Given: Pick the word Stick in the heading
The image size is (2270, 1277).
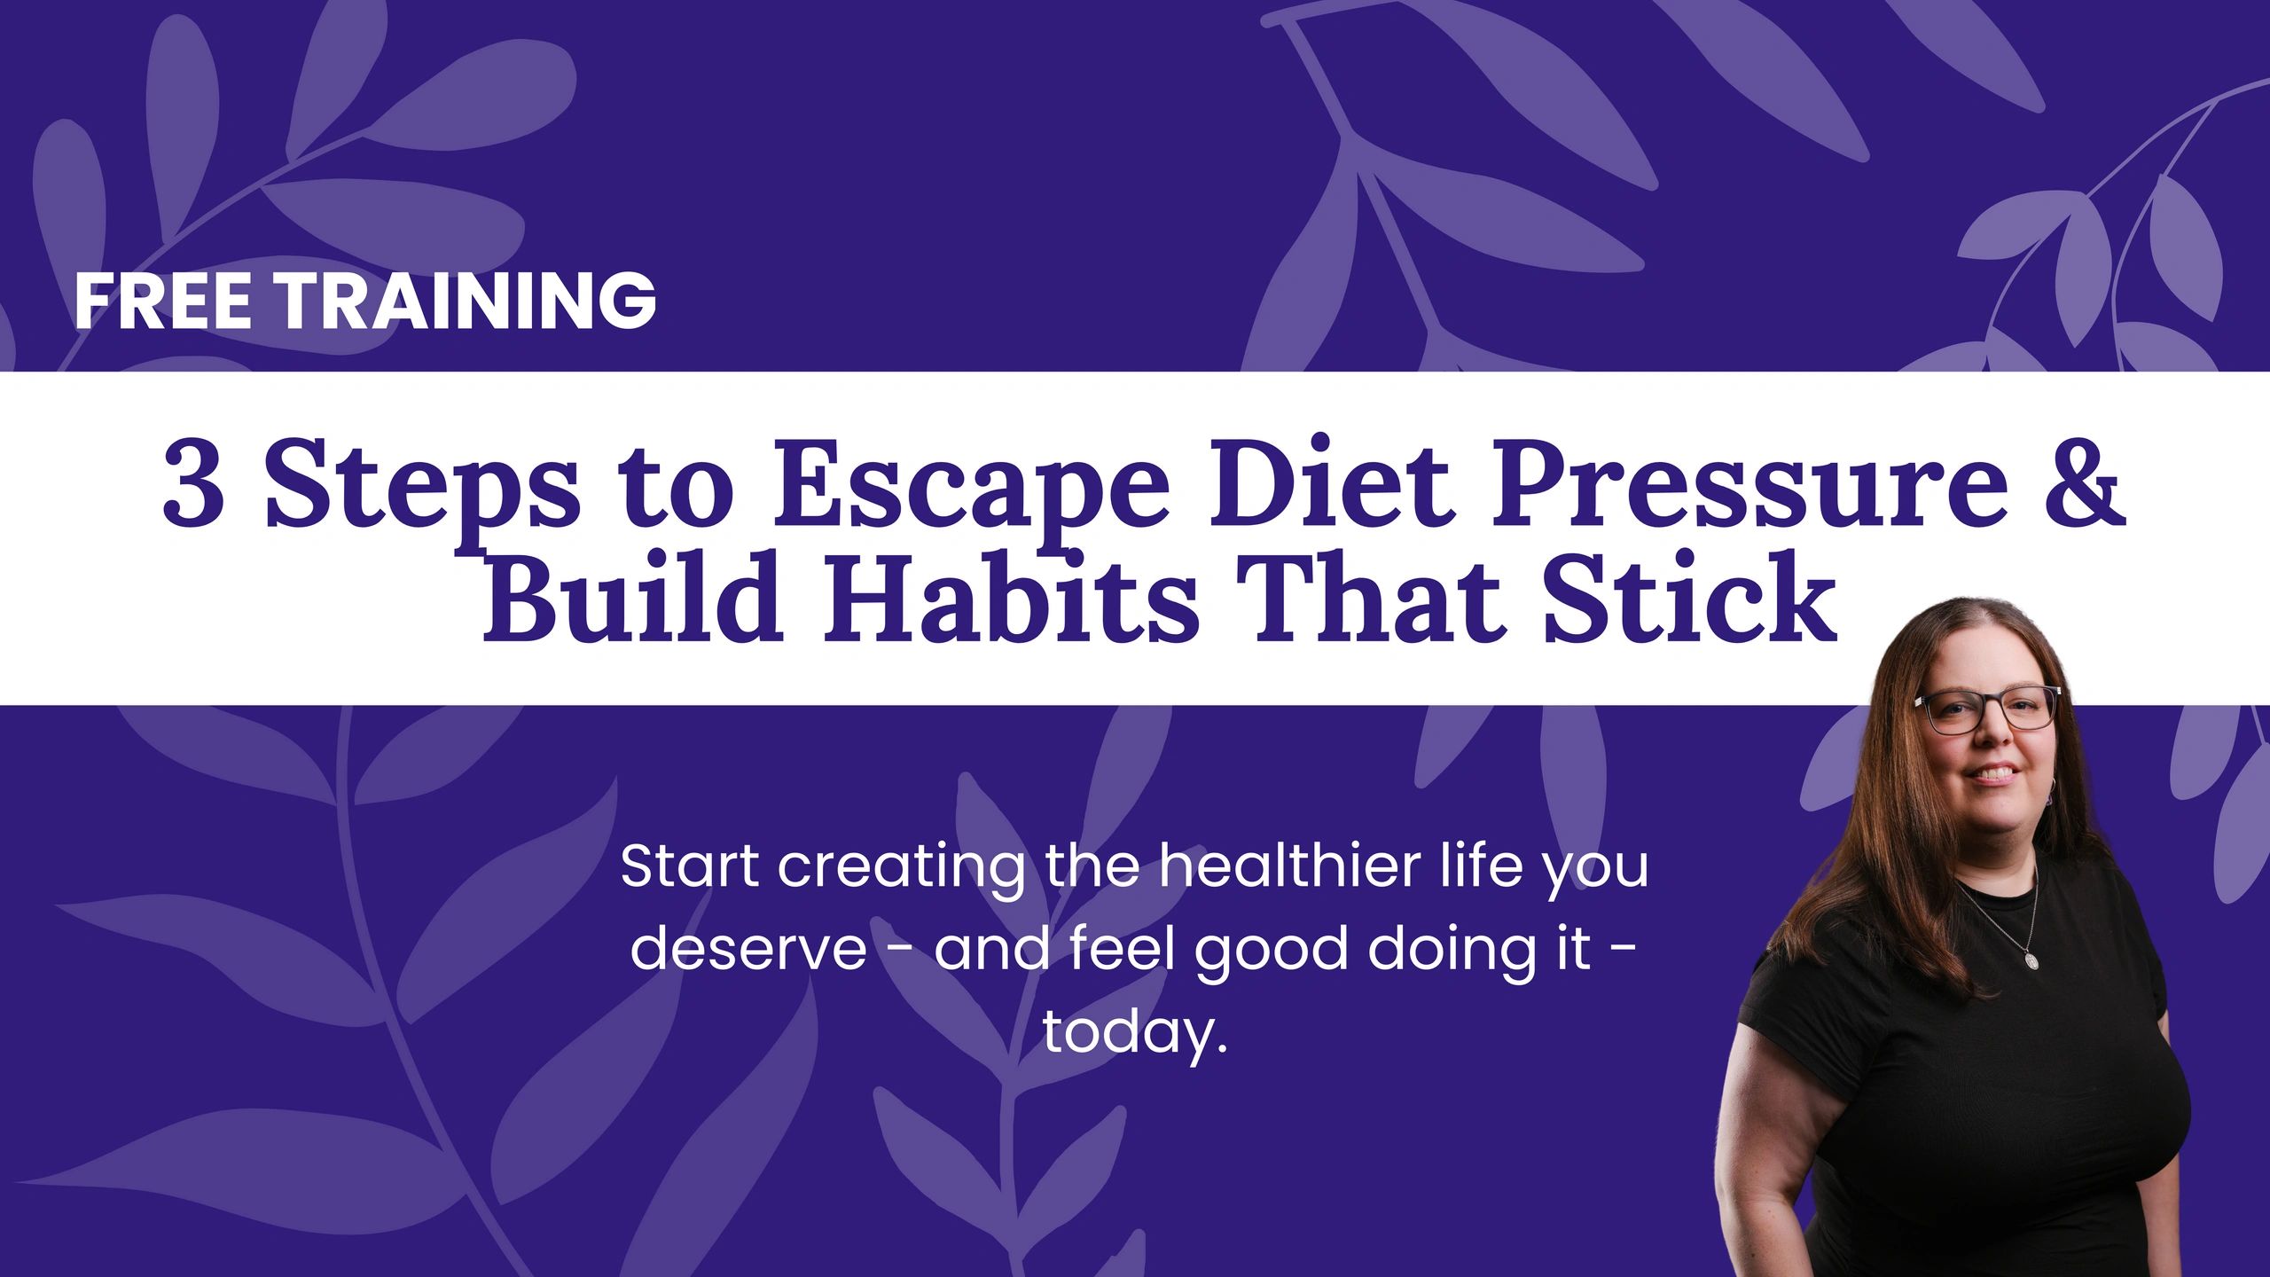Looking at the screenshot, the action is (1689, 598).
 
